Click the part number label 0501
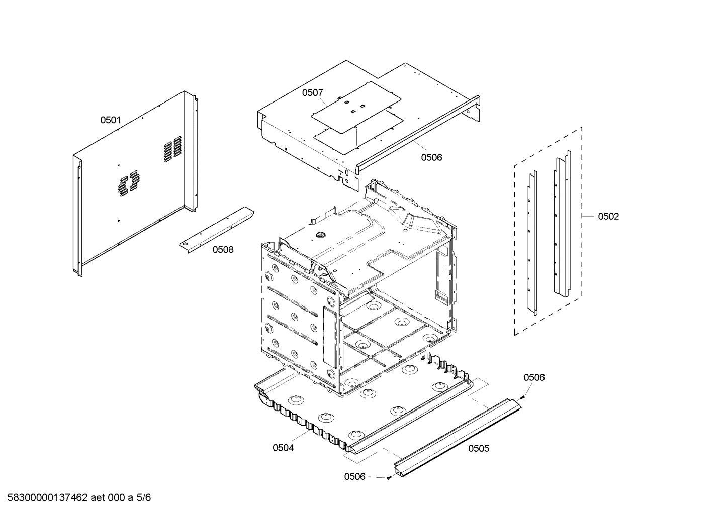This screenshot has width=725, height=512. point(111,120)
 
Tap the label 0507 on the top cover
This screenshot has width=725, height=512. point(312,92)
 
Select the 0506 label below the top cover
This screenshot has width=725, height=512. point(431,157)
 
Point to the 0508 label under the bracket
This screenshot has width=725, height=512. point(223,249)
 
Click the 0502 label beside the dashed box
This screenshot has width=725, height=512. point(608,216)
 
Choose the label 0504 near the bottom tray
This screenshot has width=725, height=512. point(283,448)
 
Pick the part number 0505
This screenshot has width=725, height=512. point(478,448)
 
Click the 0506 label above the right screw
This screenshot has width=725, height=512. point(534,377)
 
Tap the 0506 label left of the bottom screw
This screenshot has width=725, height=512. point(354,476)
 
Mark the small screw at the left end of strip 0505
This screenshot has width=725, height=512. point(389,478)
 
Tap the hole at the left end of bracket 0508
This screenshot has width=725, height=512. point(187,244)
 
